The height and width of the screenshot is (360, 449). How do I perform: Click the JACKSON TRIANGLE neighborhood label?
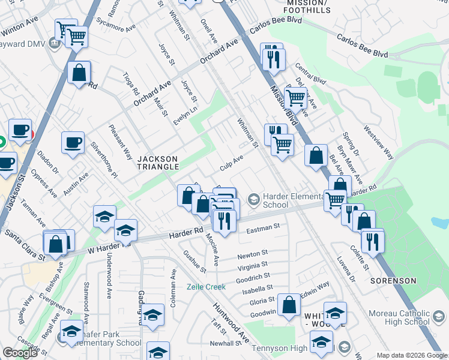click(x=158, y=162)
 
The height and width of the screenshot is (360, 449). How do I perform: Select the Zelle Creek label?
click(x=206, y=287)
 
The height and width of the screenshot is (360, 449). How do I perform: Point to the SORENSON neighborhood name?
click(x=393, y=281)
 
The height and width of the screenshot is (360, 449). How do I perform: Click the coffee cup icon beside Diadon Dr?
click(x=73, y=143)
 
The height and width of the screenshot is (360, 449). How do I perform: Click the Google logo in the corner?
click(x=20, y=353)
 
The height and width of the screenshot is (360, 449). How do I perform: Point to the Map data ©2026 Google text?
click(x=412, y=355)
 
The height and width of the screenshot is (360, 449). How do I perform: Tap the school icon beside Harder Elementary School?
click(x=254, y=199)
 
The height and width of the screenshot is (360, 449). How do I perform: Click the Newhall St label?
click(x=225, y=343)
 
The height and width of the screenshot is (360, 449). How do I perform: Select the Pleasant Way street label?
click(x=121, y=142)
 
